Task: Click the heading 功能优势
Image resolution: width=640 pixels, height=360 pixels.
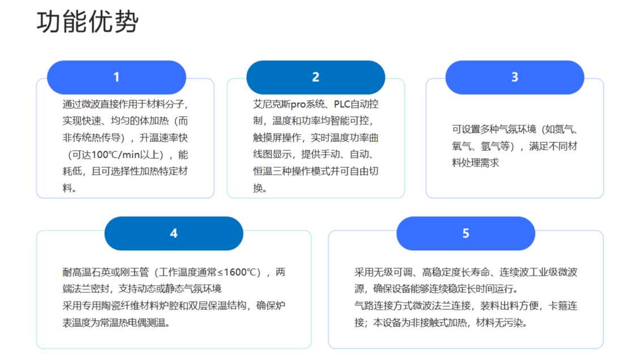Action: point(87,22)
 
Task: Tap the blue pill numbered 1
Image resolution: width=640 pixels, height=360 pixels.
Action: point(116,77)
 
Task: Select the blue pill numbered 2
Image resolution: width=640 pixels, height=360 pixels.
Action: point(315,77)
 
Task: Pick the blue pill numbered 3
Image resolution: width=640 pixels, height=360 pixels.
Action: point(515,77)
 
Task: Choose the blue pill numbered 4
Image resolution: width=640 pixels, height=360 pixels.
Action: point(174,233)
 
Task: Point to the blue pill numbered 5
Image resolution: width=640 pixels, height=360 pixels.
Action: point(466,233)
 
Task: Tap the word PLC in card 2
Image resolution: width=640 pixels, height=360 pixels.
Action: point(342,104)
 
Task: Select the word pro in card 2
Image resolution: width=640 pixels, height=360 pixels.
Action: point(298,105)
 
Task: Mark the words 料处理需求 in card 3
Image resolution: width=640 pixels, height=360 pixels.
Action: point(476,163)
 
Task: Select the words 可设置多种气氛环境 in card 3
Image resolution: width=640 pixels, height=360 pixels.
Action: point(494,129)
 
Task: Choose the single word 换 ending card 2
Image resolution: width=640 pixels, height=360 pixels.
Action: point(258,188)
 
